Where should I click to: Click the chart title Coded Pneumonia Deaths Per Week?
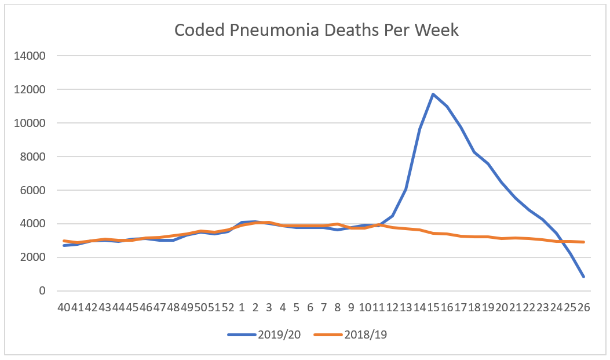coord(316,30)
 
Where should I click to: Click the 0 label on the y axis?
coord(41,291)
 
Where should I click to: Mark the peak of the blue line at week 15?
coord(433,94)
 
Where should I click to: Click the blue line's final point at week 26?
coord(584,277)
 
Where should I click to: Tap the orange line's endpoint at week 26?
coord(584,242)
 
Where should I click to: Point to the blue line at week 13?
coord(406,190)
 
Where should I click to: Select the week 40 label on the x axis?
coord(63,307)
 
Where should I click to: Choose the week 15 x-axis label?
coord(433,307)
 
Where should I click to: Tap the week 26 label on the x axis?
coord(583,307)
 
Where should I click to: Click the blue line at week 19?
coord(488,163)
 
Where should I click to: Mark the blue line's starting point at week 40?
coord(64,245)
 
